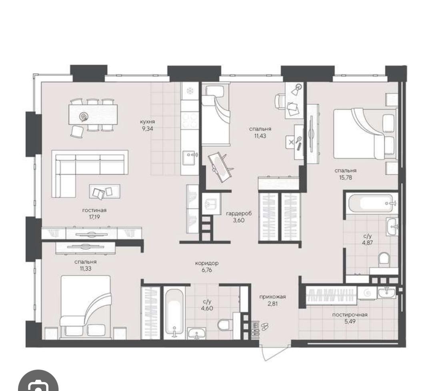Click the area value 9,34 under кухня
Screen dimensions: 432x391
pyautogui.click(x=147, y=129)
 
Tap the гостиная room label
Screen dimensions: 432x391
pyautogui.click(x=94, y=210)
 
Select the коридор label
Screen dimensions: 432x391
pyautogui.click(x=207, y=263)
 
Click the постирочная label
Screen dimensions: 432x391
pyautogui.click(x=350, y=315)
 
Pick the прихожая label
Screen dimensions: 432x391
pyautogui.click(x=272, y=297)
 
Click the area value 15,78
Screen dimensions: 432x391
pyautogui.click(x=346, y=178)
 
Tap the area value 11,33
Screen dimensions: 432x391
pyautogui.click(x=86, y=269)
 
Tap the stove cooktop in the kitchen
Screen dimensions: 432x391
pyautogui.click(x=190, y=120)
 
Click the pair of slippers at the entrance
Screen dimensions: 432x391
pyautogui.click(x=264, y=326)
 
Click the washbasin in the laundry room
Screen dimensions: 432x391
pyautogui.click(x=386, y=292)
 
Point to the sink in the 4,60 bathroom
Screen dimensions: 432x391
pyautogui.click(x=197, y=333)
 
